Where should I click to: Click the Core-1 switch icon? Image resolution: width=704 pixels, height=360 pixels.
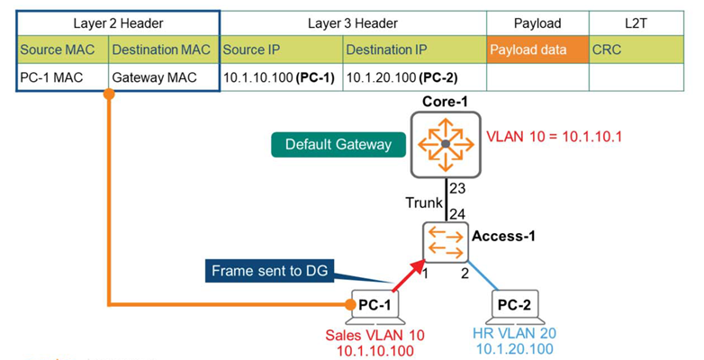pyautogui.click(x=445, y=144)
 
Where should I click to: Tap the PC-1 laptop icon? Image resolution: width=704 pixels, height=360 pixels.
pyautogui.click(x=374, y=306)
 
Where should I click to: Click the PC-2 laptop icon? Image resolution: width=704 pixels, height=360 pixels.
pyautogui.click(x=513, y=306)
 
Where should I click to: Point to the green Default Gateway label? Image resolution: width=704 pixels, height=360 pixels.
pyautogui.click(x=325, y=144)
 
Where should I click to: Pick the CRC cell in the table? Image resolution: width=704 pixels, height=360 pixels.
pyautogui.click(x=640, y=49)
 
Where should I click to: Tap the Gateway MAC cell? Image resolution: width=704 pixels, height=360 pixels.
pyautogui.click(x=163, y=78)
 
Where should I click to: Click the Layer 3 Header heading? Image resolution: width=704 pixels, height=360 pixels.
pyautogui.click(x=352, y=23)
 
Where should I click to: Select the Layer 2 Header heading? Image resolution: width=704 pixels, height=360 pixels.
pyautogui.click(x=118, y=23)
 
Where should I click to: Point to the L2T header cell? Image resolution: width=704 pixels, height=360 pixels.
pyautogui.click(x=640, y=23)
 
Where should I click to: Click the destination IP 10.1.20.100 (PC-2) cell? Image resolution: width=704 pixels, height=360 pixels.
pyautogui.click(x=414, y=78)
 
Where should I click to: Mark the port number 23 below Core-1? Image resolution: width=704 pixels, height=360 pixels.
pyautogui.click(x=456, y=190)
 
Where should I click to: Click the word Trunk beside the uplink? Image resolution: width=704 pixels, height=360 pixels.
pyautogui.click(x=423, y=203)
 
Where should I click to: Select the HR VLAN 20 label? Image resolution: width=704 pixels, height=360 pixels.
pyautogui.click(x=515, y=333)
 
